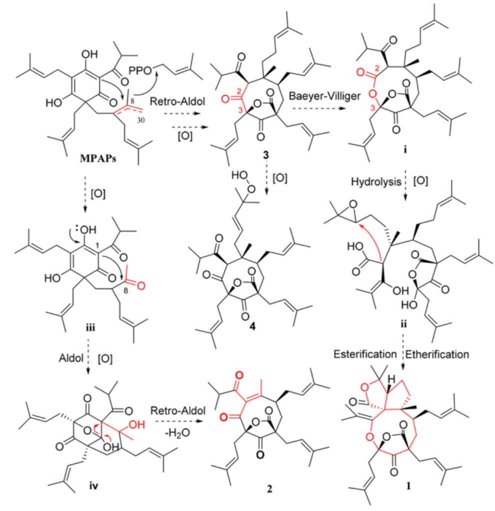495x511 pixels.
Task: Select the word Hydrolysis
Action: pos(365,183)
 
